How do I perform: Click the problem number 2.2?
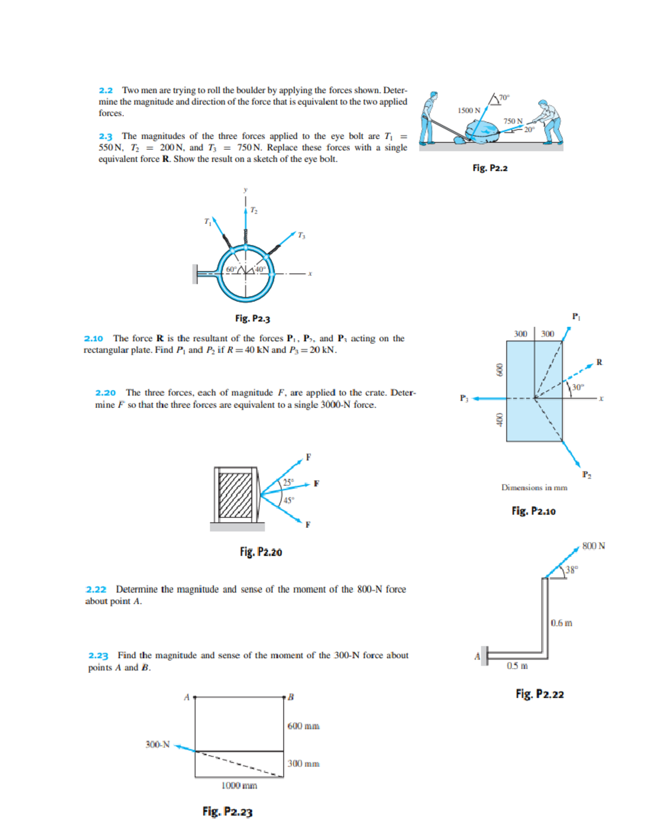[x=105, y=90]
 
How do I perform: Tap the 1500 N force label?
[x=468, y=110]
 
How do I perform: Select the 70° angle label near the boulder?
[x=504, y=97]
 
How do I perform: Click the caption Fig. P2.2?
[x=489, y=168]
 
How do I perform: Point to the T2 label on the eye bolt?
[x=254, y=210]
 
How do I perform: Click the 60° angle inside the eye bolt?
[x=231, y=269]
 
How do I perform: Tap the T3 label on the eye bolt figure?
[x=301, y=235]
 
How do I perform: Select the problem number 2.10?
[x=93, y=339]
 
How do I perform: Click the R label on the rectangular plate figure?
[x=599, y=362]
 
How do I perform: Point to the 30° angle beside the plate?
[x=578, y=387]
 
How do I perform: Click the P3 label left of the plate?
[x=464, y=398]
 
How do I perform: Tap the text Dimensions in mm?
[x=534, y=487]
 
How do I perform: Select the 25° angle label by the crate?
[x=289, y=481]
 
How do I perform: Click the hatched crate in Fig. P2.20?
[x=235, y=495]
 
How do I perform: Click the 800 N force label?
[x=593, y=546]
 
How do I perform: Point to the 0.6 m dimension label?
[x=561, y=623]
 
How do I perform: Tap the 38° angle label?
[x=572, y=570]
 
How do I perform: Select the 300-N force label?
[x=157, y=745]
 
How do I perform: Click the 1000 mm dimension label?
[x=239, y=785]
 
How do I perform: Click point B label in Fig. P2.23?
[x=290, y=697]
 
